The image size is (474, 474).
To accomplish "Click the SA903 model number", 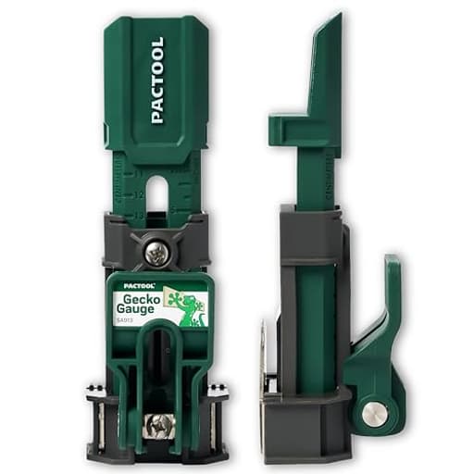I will click(x=126, y=321).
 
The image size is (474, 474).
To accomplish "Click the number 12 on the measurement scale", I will click(x=138, y=195).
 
